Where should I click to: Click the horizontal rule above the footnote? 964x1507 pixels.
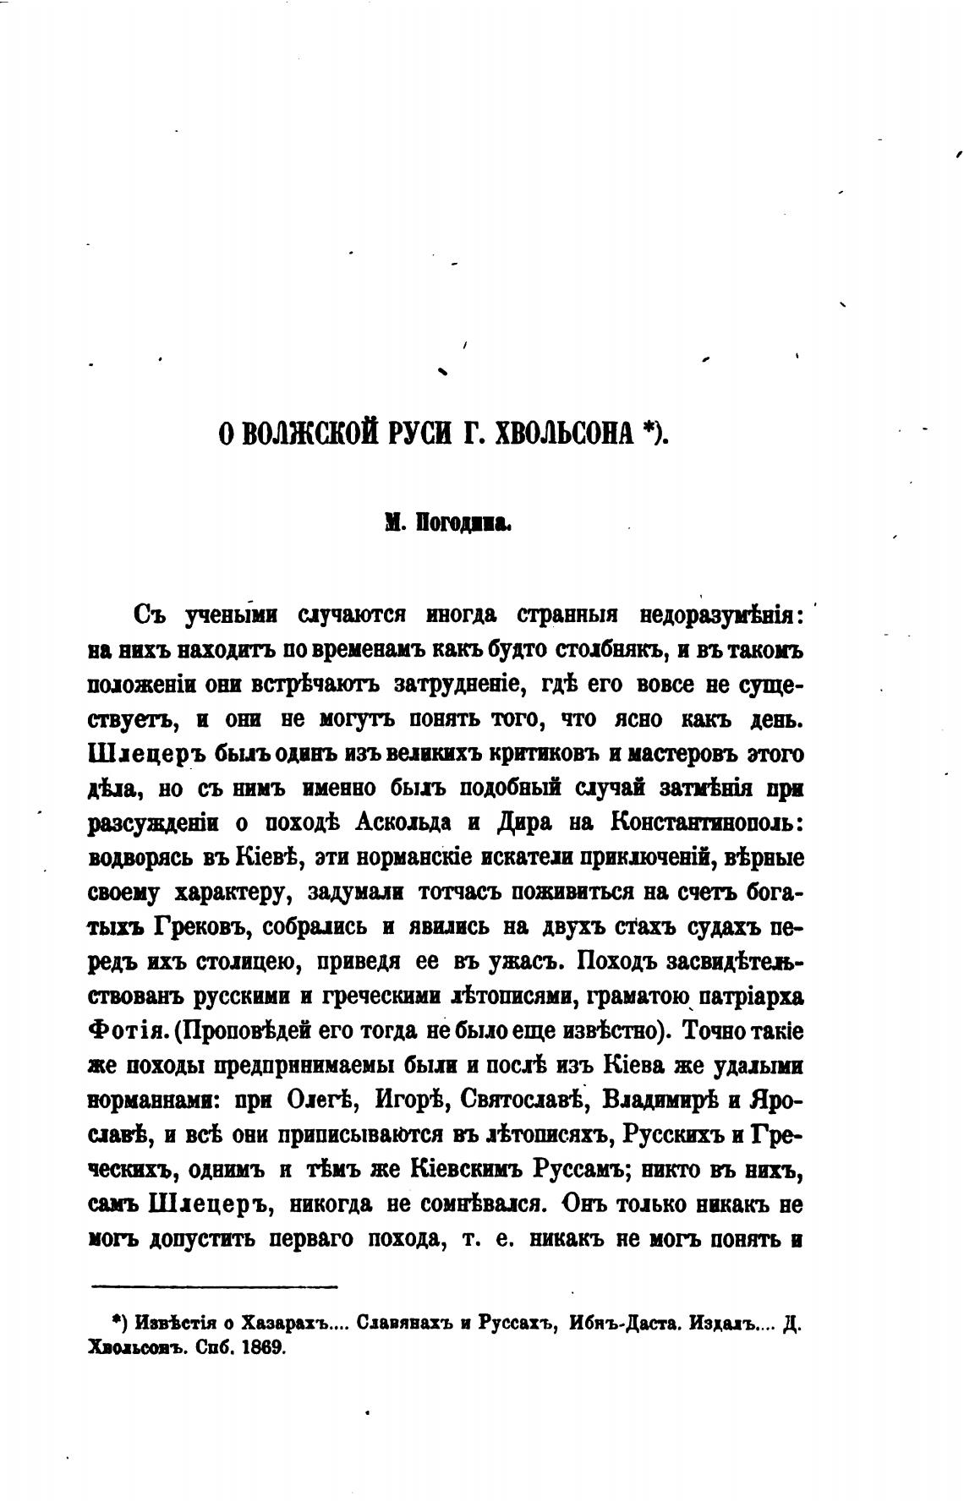214,1287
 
